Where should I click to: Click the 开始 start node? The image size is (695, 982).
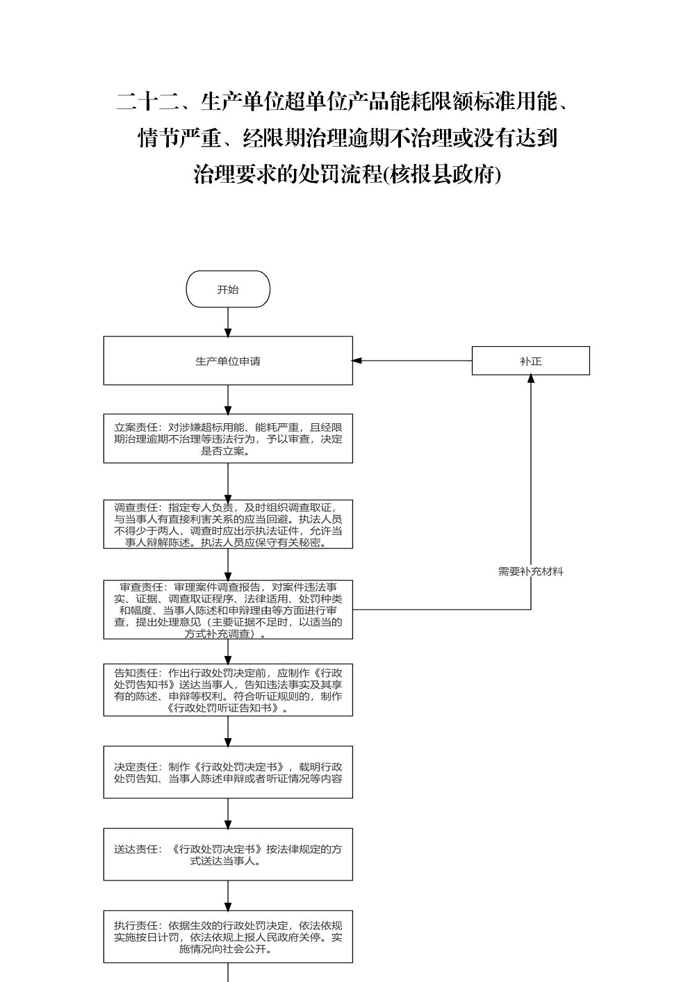(x=228, y=289)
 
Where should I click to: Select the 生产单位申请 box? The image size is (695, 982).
(x=228, y=361)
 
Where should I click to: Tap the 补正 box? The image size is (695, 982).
(x=530, y=361)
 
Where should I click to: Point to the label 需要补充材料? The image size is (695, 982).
(x=530, y=572)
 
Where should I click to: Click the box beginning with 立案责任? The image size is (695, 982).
(x=228, y=439)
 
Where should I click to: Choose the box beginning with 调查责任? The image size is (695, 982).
(x=228, y=524)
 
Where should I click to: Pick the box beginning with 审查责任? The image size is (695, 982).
(x=228, y=609)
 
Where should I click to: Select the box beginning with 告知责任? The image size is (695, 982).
(x=228, y=690)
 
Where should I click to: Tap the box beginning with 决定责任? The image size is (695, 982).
(x=228, y=772)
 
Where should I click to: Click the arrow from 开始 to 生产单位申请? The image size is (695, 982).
(x=228, y=322)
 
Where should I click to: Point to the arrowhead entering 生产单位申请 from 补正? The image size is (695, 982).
(x=357, y=361)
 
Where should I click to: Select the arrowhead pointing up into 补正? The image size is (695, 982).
(x=530, y=379)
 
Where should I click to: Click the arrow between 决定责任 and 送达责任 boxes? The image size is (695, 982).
(x=228, y=813)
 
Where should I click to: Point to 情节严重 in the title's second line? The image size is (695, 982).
(x=181, y=138)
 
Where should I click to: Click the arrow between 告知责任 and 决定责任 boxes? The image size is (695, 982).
(x=228, y=731)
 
